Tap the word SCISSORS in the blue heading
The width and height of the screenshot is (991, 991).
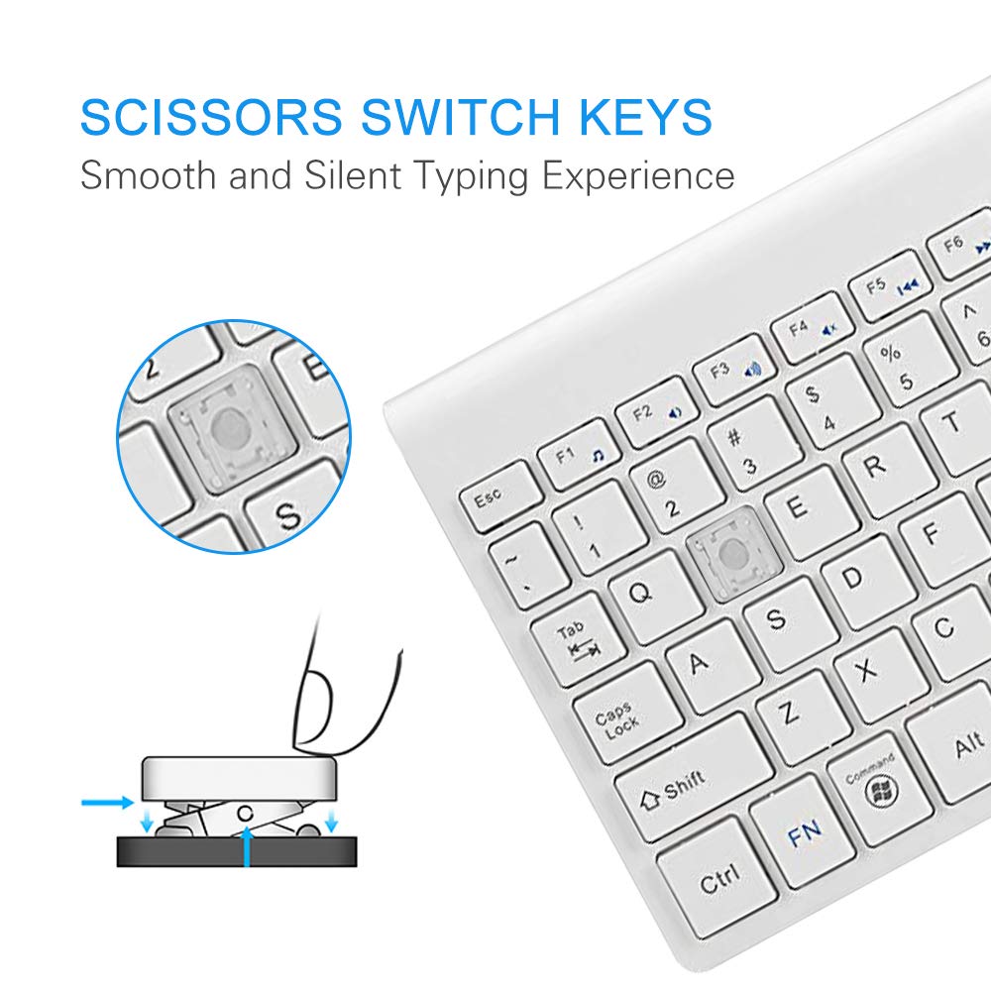(212, 117)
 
